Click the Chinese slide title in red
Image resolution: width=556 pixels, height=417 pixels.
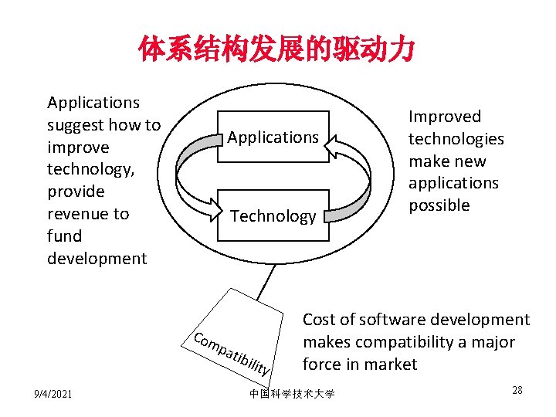[x=277, y=50]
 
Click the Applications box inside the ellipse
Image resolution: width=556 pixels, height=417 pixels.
[x=273, y=137]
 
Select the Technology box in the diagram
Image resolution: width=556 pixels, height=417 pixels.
[x=273, y=216]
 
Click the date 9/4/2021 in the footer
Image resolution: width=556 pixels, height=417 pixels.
[x=53, y=395]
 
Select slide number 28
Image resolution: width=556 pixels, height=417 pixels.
[x=517, y=390]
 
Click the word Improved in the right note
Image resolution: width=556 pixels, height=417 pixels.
[x=444, y=117]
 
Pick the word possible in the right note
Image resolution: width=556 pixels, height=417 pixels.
[x=439, y=205]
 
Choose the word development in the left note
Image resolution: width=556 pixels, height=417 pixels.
[x=97, y=259]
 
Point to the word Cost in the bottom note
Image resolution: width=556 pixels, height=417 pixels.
[x=318, y=320]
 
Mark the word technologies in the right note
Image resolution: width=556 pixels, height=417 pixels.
[x=456, y=139]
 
